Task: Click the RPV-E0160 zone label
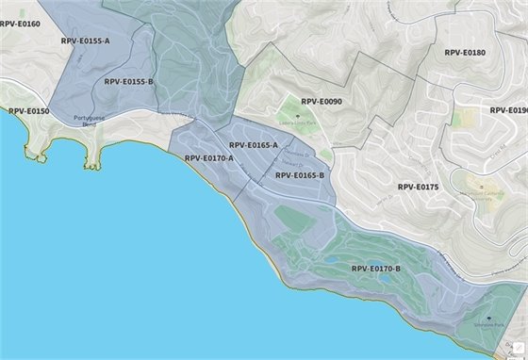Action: click(20, 24)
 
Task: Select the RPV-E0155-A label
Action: click(86, 41)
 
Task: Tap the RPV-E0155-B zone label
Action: click(129, 82)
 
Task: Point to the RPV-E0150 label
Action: click(29, 111)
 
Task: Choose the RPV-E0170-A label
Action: click(208, 158)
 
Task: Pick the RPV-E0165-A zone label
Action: click(254, 145)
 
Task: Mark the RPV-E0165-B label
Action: click(300, 175)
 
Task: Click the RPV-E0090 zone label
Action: click(322, 101)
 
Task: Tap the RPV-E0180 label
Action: click(465, 53)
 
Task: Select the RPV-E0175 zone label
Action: click(418, 187)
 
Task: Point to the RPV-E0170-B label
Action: click(376, 269)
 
